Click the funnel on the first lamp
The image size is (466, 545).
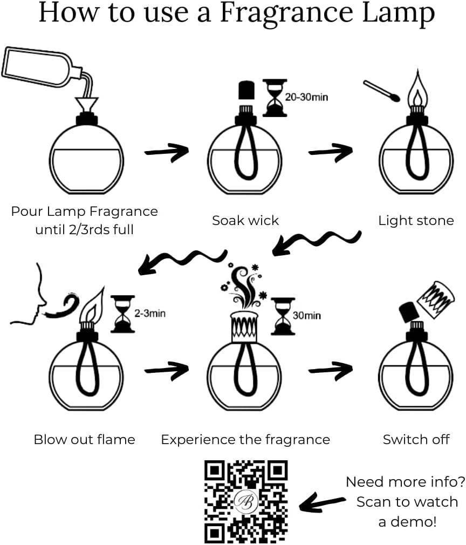point(86,102)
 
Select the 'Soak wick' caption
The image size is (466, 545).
point(245,220)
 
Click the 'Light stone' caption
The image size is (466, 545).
point(415,220)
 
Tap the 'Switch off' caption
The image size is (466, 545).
point(416,439)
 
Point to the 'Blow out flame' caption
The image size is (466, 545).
point(84,439)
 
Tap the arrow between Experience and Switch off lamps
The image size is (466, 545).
point(330,370)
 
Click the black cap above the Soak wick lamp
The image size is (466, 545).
point(246,90)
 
